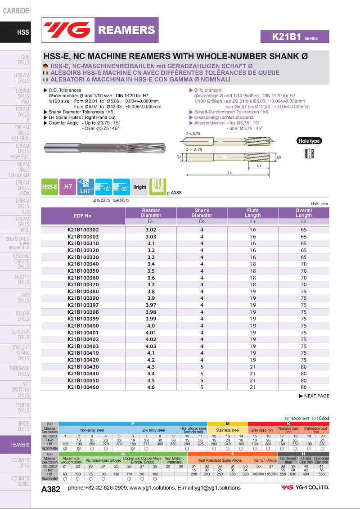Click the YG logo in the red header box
pyautogui.click(x=67, y=30)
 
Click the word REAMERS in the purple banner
pyautogui.click(x=126, y=30)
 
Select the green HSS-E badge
pyautogui.click(x=49, y=187)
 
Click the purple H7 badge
pyautogui.click(x=68, y=187)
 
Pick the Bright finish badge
pyautogui.click(x=139, y=187)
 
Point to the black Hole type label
pyautogui.click(x=309, y=141)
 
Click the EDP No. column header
pyautogui.click(x=83, y=216)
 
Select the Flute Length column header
pyautogui.click(x=252, y=213)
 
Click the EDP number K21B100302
pyautogui.click(x=83, y=230)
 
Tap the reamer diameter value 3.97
pyautogui.click(x=151, y=305)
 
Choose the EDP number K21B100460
pyautogui.click(x=83, y=387)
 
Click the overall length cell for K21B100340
pyautogui.click(x=303, y=264)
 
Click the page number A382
pyautogui.click(x=50, y=489)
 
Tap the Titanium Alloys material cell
pyautogui.click(x=265, y=460)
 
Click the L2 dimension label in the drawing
pyautogui.click(x=229, y=172)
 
